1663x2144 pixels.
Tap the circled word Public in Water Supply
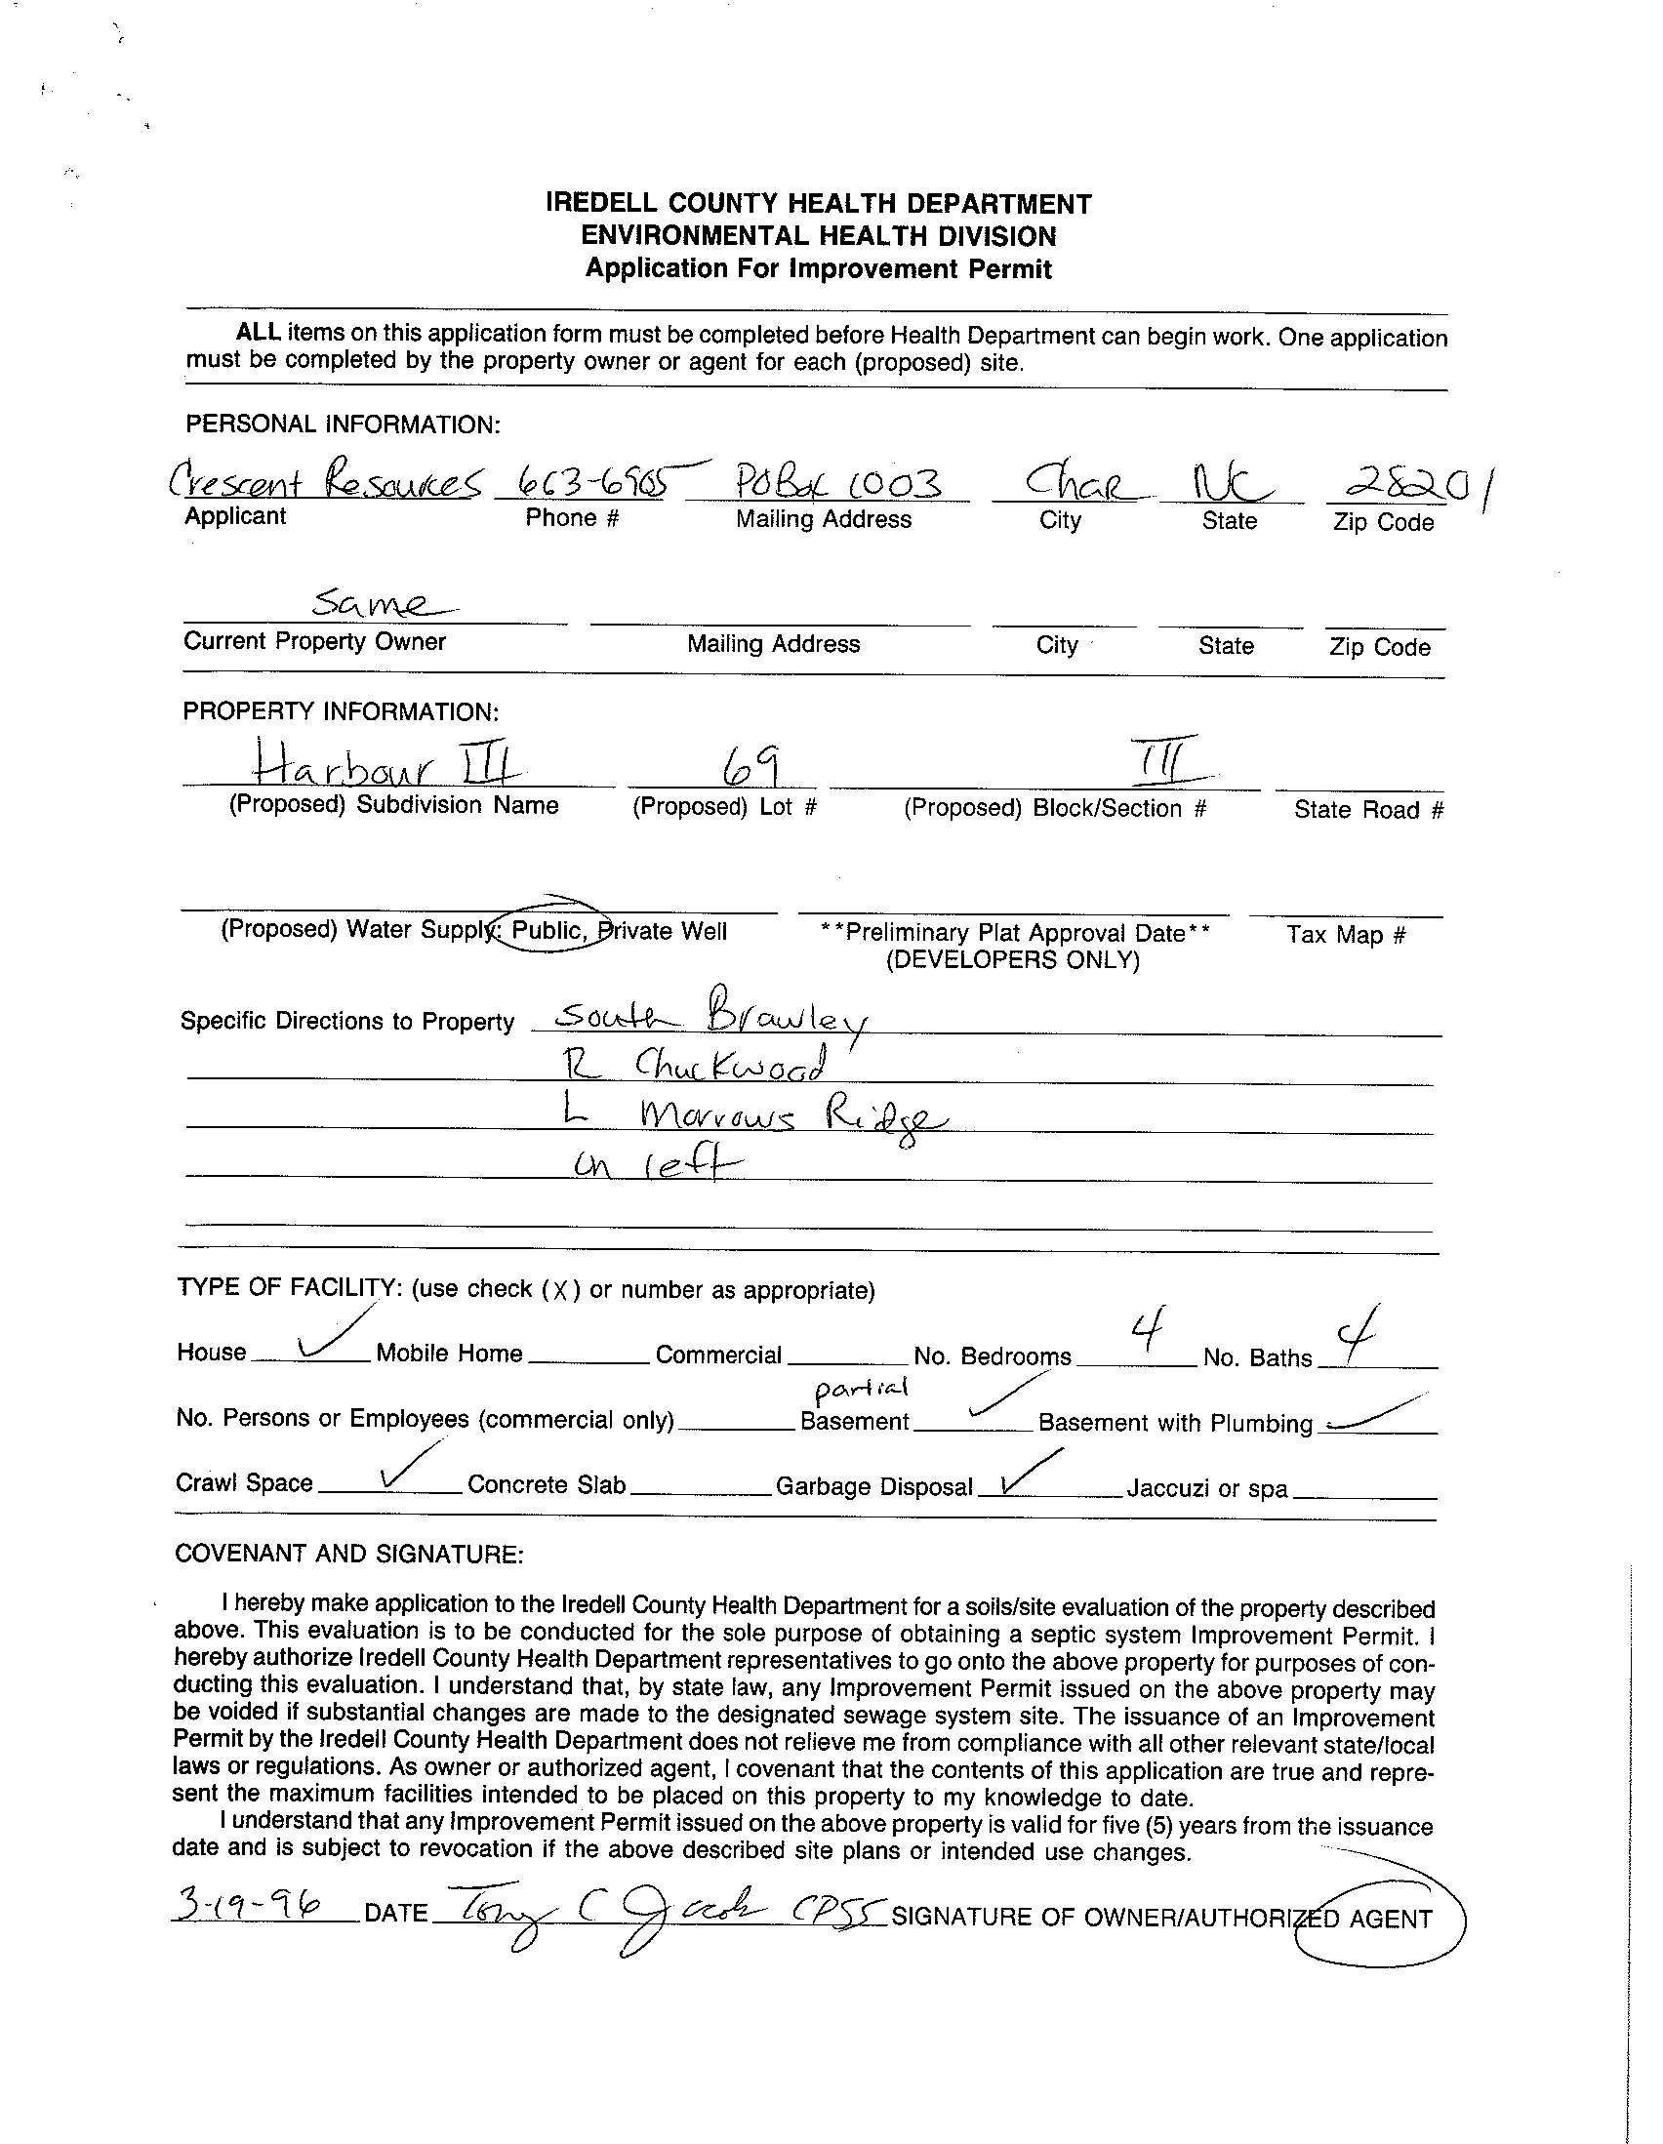[x=548, y=930]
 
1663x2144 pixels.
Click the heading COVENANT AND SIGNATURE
[x=348, y=1553]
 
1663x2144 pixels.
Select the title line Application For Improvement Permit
[x=818, y=269]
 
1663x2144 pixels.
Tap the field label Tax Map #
[x=1346, y=934]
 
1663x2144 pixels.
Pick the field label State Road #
[x=1367, y=810]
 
